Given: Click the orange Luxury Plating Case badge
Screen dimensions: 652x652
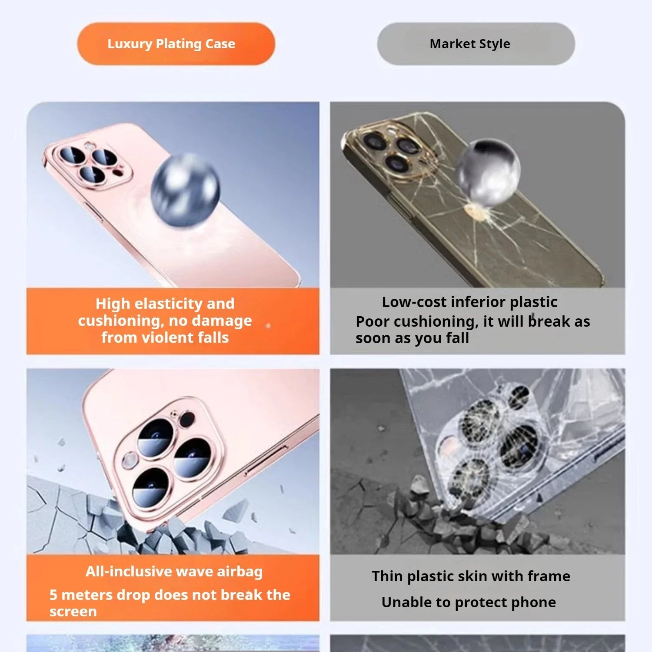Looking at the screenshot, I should pos(176,44).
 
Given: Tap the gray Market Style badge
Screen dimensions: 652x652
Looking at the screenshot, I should pos(476,44).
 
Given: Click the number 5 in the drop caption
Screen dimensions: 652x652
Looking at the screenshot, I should pos(53,595).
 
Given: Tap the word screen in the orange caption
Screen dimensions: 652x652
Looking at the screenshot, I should pos(73,612).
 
